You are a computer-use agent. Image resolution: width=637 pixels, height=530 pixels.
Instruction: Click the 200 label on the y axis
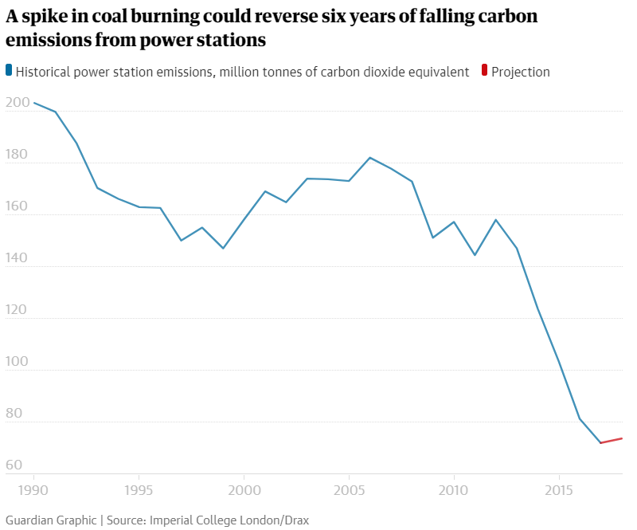[x=16, y=104]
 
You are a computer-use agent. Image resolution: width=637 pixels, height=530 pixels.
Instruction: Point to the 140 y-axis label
[x=16, y=260]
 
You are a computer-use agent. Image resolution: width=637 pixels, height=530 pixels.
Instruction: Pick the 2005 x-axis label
[x=349, y=489]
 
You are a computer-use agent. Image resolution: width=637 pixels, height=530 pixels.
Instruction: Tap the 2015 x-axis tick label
[x=559, y=489]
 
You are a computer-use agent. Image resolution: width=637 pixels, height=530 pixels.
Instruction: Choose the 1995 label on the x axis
[x=139, y=489]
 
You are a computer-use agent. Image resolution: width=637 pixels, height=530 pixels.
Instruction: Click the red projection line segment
[x=612, y=440]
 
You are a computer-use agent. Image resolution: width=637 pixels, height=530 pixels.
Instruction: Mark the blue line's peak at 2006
[x=370, y=157]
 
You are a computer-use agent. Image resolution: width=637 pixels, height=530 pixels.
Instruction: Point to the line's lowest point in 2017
[x=600, y=442]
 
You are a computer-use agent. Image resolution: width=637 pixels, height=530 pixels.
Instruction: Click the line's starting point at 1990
[x=33, y=103]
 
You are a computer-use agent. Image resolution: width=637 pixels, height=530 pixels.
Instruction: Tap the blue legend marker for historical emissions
[x=9, y=71]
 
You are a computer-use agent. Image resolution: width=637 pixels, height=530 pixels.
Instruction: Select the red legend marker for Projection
[x=485, y=71]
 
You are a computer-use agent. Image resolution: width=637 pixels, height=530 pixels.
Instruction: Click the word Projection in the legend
[x=521, y=72]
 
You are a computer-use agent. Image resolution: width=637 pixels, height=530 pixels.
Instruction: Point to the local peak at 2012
[x=496, y=219]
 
